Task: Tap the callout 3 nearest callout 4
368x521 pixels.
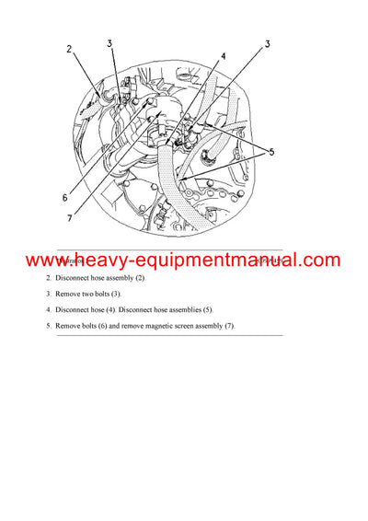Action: click(268, 43)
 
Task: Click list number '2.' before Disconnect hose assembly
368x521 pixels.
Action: click(50, 278)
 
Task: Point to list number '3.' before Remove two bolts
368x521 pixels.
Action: click(50, 294)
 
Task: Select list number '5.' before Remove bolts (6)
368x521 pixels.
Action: click(50, 326)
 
